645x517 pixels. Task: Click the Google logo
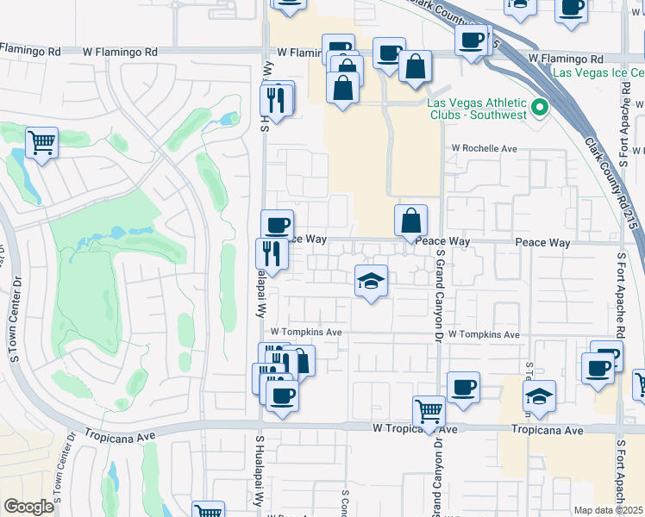tap(28, 507)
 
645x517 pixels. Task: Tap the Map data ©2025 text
tap(609, 510)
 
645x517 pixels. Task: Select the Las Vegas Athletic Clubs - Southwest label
tap(478, 108)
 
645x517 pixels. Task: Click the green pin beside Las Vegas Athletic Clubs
tap(540, 108)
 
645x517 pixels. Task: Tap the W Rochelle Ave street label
tap(485, 148)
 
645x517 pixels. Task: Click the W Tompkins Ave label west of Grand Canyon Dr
tap(306, 332)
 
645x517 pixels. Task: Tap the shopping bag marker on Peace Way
tap(411, 221)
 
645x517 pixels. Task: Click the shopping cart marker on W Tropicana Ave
tap(429, 412)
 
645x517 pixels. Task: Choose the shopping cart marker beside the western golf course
tap(41, 143)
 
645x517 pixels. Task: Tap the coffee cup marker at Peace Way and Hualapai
tap(277, 226)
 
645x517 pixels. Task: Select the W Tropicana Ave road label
tap(415, 428)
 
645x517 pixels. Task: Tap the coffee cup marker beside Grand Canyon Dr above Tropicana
tap(463, 388)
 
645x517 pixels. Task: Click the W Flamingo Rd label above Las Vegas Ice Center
tap(563, 58)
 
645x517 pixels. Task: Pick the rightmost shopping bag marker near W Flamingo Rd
tap(415, 66)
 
